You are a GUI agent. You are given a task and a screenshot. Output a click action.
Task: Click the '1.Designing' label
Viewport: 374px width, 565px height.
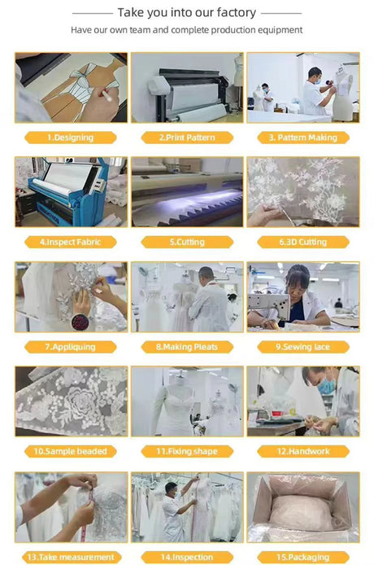pyautogui.click(x=70, y=138)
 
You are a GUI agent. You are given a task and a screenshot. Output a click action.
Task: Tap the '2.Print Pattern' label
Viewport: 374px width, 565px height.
pyautogui.click(x=186, y=138)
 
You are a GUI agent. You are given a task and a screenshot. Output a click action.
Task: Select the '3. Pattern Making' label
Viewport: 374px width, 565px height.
pyautogui.click(x=302, y=138)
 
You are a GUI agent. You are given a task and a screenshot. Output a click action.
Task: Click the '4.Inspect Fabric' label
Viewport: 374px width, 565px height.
pyautogui.click(x=70, y=242)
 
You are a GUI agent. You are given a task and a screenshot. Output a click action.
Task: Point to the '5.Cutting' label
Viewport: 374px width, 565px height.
pyautogui.click(x=186, y=242)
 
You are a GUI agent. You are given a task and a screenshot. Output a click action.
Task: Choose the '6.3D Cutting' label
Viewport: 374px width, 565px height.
pyautogui.click(x=302, y=242)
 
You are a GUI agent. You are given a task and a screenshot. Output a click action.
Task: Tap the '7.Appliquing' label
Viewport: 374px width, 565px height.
pyautogui.click(x=70, y=346)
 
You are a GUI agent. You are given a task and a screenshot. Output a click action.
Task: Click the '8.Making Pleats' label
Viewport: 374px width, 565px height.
pyautogui.click(x=186, y=346)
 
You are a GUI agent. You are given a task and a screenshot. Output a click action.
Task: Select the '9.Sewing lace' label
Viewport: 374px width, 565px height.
pyautogui.click(x=302, y=346)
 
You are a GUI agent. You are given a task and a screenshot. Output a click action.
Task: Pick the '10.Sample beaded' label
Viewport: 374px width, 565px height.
pyautogui.click(x=70, y=451)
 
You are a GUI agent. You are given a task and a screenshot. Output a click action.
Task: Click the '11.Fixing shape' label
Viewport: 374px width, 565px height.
pyautogui.click(x=186, y=451)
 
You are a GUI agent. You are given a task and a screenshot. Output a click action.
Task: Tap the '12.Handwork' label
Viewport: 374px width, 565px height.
pyautogui.click(x=302, y=451)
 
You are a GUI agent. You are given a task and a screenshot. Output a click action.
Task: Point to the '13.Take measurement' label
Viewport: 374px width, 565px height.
pyautogui.click(x=70, y=557)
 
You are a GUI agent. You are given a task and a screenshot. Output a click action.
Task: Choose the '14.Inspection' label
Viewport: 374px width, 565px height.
pyautogui.click(x=186, y=557)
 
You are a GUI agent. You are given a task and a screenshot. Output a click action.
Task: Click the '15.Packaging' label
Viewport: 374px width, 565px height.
pyautogui.click(x=302, y=557)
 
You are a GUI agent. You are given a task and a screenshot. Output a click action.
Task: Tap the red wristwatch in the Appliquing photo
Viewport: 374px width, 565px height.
pyautogui.click(x=81, y=320)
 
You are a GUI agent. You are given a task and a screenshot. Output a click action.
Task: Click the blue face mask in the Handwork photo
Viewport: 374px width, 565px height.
pyautogui.click(x=326, y=388)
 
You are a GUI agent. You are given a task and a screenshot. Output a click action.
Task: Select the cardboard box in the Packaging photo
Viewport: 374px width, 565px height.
pyautogui.click(x=302, y=508)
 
